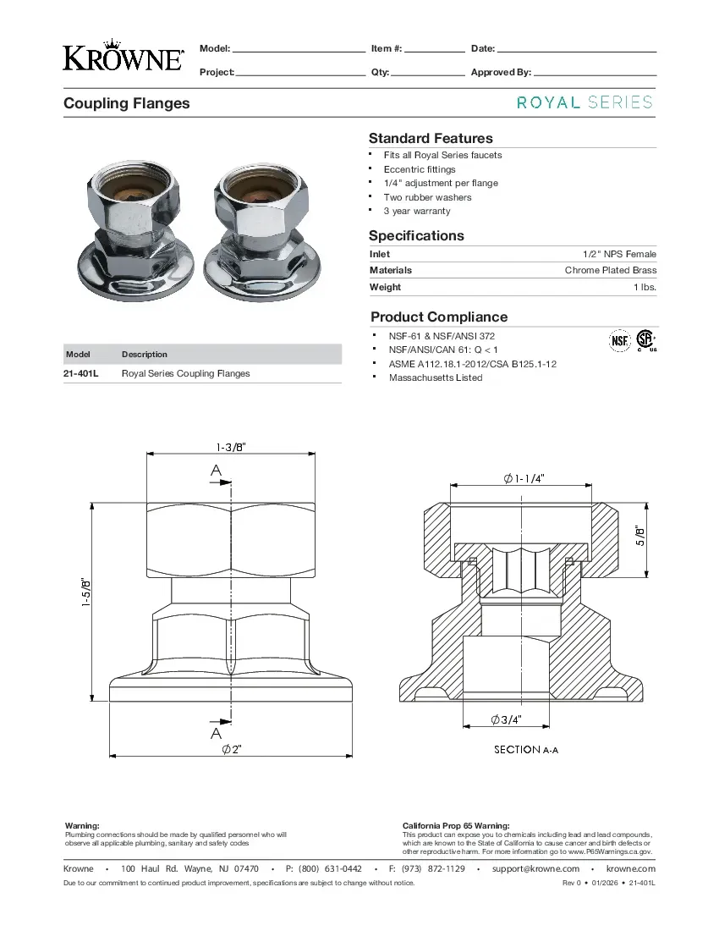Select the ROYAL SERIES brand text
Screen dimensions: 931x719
(x=585, y=102)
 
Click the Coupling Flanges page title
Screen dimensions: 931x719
(x=127, y=103)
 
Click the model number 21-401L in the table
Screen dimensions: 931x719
(x=81, y=373)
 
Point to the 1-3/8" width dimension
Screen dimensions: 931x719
(x=231, y=447)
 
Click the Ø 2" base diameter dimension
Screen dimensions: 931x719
(x=232, y=750)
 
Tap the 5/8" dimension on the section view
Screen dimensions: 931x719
(x=640, y=536)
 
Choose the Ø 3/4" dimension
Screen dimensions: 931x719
(x=506, y=719)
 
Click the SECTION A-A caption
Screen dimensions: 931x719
(x=525, y=750)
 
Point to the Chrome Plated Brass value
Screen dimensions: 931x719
(x=610, y=270)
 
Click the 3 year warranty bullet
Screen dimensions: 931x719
(x=416, y=211)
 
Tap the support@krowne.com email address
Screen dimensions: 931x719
(x=535, y=868)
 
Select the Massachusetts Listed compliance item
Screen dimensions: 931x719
(x=435, y=377)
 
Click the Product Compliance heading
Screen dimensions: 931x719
(x=439, y=317)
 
